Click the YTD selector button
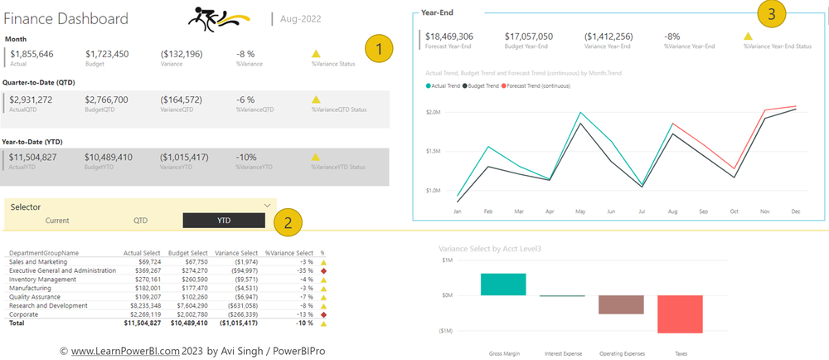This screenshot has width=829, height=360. point(224,221)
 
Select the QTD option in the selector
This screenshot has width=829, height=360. point(140,221)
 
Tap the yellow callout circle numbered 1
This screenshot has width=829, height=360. point(379,49)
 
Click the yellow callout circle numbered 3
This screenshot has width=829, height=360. point(772,14)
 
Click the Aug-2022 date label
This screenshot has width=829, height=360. point(301,18)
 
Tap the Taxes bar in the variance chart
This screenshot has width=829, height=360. point(680,314)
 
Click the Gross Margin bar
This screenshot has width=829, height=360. point(503,284)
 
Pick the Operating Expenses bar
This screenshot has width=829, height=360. point(621,304)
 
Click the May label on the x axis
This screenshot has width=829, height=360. point(580,212)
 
